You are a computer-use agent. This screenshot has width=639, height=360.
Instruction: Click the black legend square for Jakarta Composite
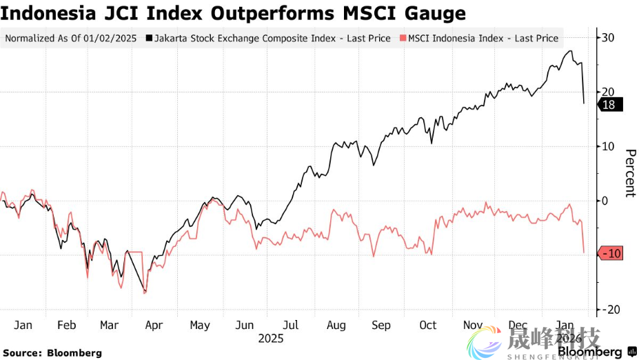[150, 39]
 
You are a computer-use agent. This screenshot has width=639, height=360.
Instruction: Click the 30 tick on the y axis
[609, 37]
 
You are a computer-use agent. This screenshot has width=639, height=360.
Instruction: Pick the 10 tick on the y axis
[609, 146]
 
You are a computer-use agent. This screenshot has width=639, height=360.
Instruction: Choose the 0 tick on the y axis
[606, 201]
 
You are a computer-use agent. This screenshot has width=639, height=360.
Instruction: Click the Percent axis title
[629, 172]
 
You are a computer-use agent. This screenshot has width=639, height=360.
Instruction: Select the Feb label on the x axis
[67, 325]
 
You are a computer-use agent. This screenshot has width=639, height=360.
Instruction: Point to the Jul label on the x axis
[290, 325]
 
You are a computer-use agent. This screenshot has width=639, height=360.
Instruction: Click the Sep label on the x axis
[381, 325]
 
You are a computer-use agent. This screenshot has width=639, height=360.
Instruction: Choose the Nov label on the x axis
[473, 325]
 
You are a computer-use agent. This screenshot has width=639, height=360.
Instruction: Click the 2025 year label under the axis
[271, 339]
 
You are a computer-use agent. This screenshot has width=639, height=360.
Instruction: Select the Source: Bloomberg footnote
[52, 353]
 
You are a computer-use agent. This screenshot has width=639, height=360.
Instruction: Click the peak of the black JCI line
[570, 51]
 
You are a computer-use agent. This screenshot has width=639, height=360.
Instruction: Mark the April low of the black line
[145, 290]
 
